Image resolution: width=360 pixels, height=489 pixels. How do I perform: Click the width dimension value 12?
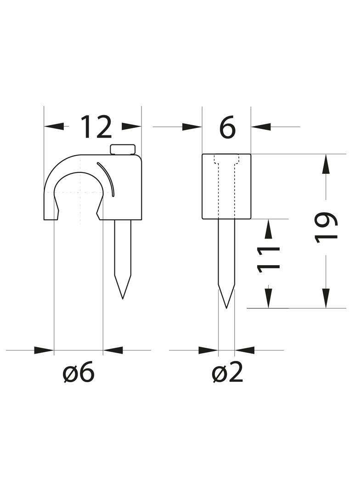click(x=96, y=127)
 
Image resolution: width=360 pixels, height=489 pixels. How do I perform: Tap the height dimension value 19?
click(x=326, y=228)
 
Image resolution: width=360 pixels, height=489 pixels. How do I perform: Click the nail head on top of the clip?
click(x=123, y=149)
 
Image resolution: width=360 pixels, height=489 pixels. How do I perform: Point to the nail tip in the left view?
click(x=123, y=298)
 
